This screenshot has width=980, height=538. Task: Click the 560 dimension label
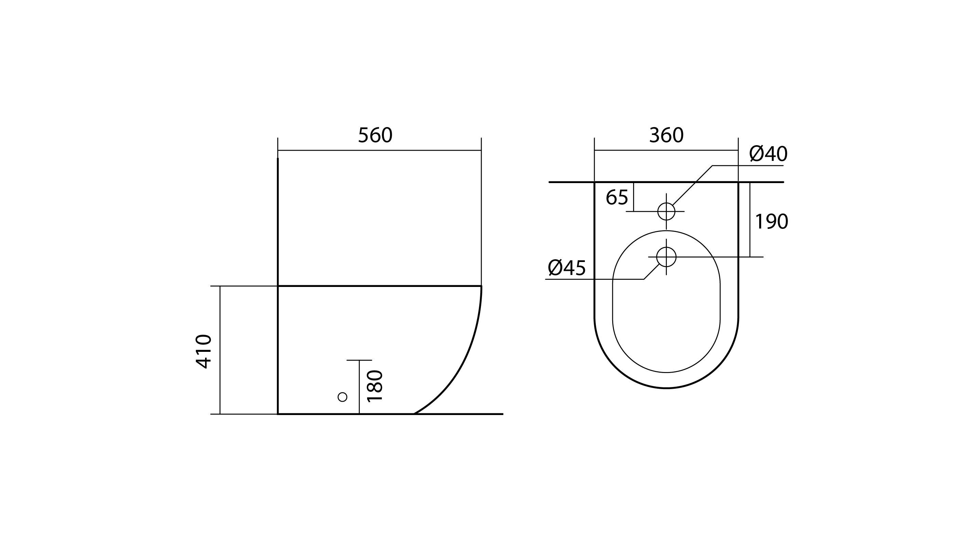[x=375, y=135]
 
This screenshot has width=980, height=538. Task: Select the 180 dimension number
[x=375, y=386]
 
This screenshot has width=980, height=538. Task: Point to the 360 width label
[x=666, y=135]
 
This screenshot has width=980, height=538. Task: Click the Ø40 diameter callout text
[x=768, y=154]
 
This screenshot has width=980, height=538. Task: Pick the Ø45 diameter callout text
[x=566, y=268]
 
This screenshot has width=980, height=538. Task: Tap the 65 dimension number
[x=617, y=198]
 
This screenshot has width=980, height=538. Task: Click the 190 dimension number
[x=771, y=222]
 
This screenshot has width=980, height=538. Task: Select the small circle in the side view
[x=343, y=397]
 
